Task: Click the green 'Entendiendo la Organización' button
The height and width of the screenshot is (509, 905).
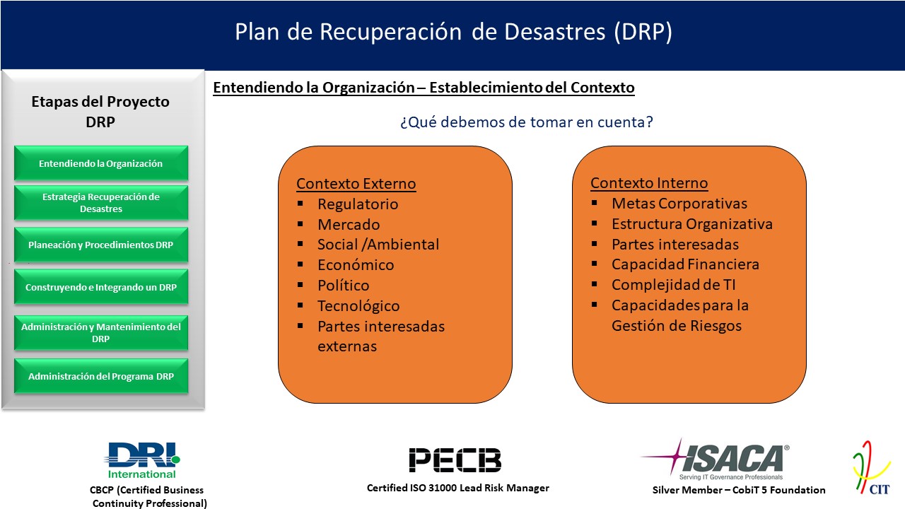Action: click(101, 163)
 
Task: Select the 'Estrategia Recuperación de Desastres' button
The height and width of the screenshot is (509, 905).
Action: click(101, 203)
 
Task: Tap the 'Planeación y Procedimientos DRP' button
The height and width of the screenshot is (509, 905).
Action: click(101, 245)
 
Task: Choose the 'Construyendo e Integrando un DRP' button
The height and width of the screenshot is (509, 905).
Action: click(101, 287)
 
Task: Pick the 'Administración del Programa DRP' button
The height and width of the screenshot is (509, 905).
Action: click(101, 376)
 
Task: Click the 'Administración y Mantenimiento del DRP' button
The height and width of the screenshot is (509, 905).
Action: click(101, 332)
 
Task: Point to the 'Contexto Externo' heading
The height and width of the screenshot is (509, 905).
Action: click(356, 184)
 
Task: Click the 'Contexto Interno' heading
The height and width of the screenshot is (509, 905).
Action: click(649, 183)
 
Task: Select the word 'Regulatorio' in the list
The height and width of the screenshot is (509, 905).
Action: click(358, 204)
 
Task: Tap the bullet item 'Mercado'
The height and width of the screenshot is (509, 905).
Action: click(349, 224)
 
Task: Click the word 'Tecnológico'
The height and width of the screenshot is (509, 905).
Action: click(358, 306)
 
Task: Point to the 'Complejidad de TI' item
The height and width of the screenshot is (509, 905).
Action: click(674, 285)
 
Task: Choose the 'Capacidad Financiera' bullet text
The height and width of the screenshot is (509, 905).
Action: click(685, 264)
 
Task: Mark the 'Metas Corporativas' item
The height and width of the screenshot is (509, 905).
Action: click(679, 203)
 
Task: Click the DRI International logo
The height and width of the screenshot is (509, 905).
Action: click(142, 460)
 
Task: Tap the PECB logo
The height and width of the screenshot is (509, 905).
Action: click(455, 460)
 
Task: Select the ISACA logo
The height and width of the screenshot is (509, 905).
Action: click(716, 460)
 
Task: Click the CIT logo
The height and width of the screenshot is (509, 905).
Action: click(872, 468)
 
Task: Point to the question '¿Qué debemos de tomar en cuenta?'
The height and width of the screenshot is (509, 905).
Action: click(527, 122)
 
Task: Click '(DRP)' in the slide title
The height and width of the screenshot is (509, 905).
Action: click(643, 32)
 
